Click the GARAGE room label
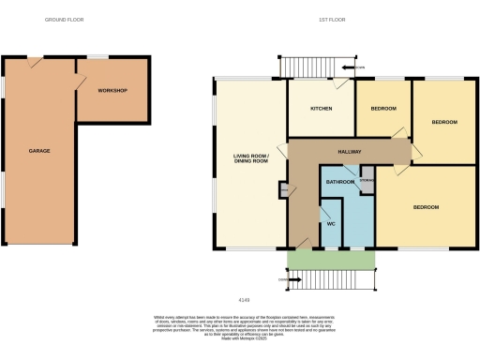[38, 151]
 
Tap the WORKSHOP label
[112, 90]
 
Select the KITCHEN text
[322, 109]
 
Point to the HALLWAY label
[349, 151]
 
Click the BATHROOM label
[340, 181]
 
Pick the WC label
[330, 224]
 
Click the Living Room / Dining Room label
[250, 158]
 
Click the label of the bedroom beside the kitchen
[382, 109]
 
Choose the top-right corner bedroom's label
[443, 123]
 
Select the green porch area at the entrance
[330, 258]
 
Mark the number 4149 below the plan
[246, 300]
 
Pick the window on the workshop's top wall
[97, 57]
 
